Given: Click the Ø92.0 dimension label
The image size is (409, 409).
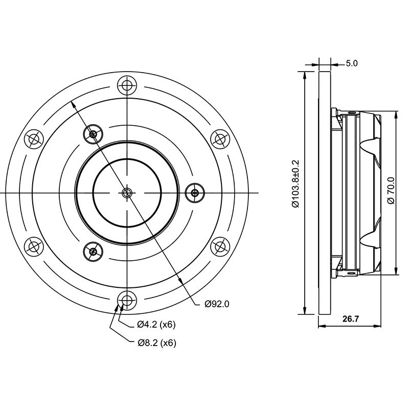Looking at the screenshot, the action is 217,304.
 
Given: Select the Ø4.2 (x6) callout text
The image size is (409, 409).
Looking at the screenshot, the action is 156,325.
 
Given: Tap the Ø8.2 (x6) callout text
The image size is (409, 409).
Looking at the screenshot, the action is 157,343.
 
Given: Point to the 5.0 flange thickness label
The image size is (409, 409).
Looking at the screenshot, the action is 352,63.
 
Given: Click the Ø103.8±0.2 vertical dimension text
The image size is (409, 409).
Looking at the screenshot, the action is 296,184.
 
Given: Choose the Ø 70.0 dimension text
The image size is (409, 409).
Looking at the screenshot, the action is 391,190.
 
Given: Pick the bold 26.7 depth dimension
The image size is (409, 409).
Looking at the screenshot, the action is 351,319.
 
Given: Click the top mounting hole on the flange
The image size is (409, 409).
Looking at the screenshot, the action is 127,85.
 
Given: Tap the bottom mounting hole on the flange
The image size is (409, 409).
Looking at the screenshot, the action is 127,300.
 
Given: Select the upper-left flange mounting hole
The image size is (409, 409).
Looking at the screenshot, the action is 34,139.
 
